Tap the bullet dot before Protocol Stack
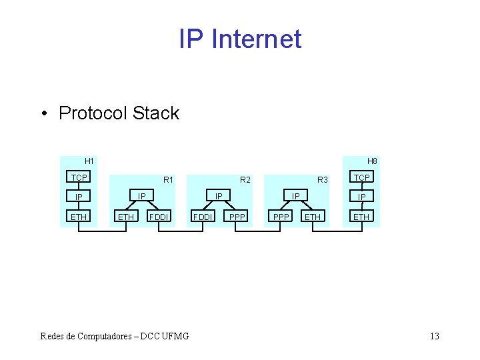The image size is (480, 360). (x=43, y=114)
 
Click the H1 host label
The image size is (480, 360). (x=89, y=161)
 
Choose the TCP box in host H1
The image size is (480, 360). (x=79, y=177)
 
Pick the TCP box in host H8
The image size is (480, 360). (x=362, y=177)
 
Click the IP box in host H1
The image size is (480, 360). (x=79, y=197)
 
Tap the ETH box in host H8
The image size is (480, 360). (x=361, y=216)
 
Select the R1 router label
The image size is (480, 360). (x=168, y=179)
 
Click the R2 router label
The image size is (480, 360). (x=245, y=179)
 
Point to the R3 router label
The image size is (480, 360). (x=323, y=179)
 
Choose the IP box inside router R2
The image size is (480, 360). (x=218, y=195)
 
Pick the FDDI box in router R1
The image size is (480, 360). (x=159, y=216)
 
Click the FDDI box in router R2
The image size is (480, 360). (x=203, y=216)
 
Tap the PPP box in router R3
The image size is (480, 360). (x=280, y=216)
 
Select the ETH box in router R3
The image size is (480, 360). (x=312, y=216)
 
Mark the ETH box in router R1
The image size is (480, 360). (x=125, y=216)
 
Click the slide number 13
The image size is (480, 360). (x=435, y=336)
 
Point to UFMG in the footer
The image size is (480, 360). (x=173, y=336)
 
